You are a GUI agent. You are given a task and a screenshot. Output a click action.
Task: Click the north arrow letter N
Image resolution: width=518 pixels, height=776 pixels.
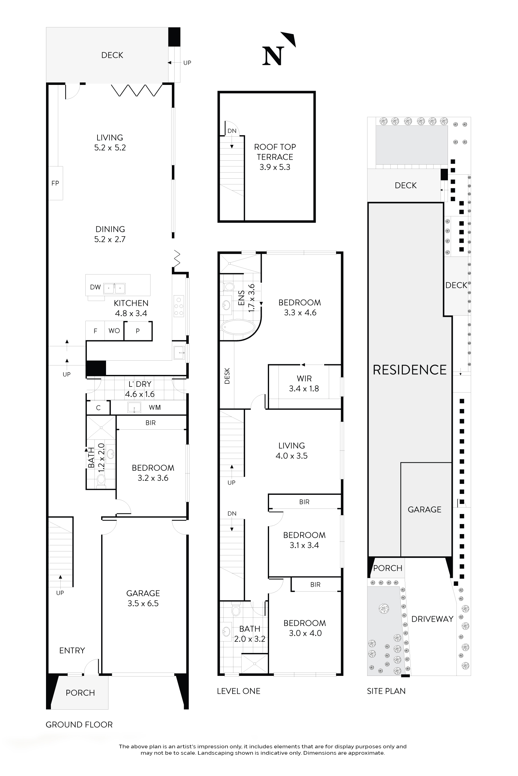273,56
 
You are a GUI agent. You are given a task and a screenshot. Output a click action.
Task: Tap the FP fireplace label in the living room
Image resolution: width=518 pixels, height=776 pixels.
55,183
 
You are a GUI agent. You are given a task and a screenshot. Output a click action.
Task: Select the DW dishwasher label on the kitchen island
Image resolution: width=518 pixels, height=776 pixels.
95,287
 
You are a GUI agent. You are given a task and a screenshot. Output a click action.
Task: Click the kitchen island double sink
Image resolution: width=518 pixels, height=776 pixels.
114,288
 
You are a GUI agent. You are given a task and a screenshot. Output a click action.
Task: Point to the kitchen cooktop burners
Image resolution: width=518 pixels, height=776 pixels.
179,306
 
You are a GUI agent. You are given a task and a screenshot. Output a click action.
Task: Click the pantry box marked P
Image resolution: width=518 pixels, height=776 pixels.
138,330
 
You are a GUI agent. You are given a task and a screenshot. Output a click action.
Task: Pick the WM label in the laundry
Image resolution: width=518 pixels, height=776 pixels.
154,407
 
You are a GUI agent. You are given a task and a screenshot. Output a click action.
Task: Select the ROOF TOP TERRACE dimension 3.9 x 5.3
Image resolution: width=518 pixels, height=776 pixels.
275,167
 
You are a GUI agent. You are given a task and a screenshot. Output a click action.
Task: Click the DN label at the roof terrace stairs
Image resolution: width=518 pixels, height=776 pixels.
232,131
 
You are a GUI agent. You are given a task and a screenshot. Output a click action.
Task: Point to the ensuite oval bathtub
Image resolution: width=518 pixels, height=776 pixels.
238,327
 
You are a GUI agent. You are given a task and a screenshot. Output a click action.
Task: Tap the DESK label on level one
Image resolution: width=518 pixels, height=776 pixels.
227,376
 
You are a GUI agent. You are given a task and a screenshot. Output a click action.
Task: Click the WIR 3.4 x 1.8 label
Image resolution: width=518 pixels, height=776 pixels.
304,383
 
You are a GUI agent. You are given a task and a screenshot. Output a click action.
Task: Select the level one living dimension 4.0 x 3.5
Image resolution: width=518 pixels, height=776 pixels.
291,456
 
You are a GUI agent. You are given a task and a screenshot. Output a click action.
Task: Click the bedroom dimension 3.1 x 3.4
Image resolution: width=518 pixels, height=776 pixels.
304,545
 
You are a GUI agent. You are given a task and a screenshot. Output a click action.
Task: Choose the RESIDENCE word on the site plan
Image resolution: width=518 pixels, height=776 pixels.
409,370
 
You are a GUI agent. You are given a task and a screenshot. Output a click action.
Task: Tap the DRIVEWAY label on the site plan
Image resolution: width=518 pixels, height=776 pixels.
432,619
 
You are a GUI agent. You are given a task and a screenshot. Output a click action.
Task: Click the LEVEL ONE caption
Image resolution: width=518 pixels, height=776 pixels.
239,691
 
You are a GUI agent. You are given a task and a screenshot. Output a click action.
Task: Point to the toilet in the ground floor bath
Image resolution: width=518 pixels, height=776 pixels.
101,479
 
